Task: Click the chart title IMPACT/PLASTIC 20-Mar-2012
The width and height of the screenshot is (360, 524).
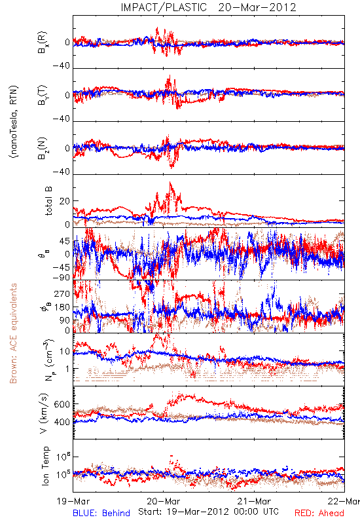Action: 208,7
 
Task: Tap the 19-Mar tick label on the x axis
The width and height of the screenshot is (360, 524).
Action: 73,501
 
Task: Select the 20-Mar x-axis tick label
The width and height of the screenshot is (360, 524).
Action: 164,501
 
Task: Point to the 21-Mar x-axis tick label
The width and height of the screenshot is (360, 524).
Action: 254,501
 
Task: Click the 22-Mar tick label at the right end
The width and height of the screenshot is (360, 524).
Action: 344,501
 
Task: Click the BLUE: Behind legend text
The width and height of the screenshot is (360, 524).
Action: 101,513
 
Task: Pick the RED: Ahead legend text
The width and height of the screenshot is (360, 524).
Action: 319,513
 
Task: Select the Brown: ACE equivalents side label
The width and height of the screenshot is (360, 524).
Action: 13,333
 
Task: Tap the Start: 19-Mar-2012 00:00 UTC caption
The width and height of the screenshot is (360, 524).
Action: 208,512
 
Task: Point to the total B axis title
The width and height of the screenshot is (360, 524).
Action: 48,201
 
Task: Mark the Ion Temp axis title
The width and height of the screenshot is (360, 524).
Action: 45,466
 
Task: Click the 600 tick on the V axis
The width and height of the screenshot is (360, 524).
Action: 62,404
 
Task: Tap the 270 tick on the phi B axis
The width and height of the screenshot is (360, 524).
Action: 62,293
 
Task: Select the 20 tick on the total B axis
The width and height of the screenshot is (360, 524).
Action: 64,201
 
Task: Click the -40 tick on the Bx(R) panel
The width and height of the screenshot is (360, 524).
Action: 61,66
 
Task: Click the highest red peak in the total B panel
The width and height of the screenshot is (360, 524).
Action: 170,183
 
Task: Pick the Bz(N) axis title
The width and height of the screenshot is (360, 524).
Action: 43,148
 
